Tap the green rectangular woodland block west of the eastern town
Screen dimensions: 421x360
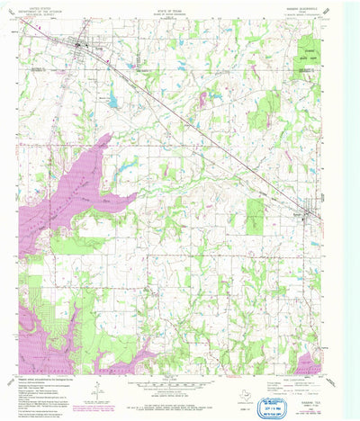[x=256, y=211]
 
